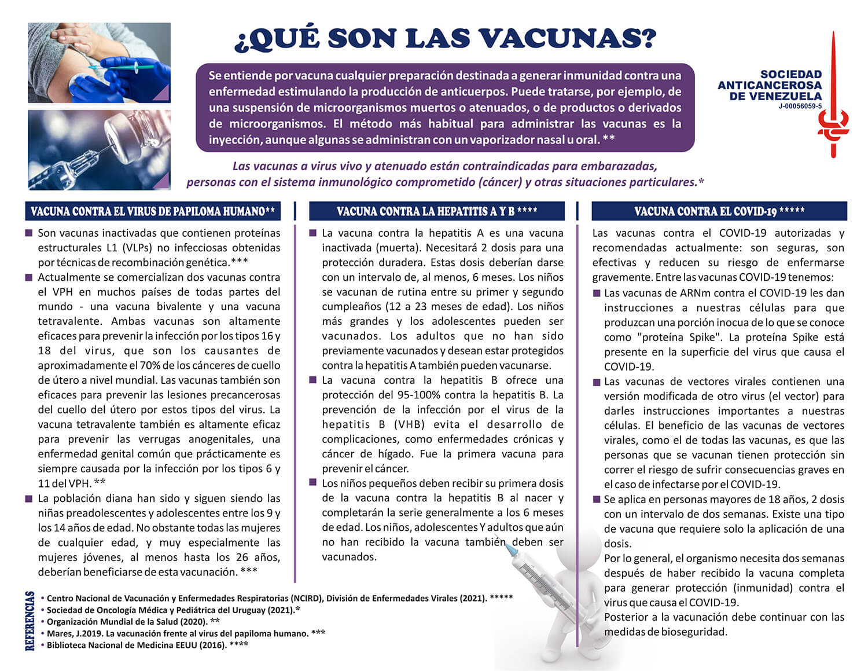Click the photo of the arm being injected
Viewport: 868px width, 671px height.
pos(99,63)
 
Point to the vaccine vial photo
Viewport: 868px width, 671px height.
pos(99,150)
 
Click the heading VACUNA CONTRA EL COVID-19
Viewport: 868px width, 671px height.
pos(719,211)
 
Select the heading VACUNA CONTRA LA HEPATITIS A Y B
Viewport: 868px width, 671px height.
pos(437,211)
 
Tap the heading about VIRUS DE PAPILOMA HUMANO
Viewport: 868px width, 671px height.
pos(153,211)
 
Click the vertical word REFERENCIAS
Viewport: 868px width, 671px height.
pos(30,621)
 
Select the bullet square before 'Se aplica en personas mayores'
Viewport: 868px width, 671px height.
pos(597,498)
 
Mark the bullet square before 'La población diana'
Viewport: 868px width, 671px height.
pos(29,498)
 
